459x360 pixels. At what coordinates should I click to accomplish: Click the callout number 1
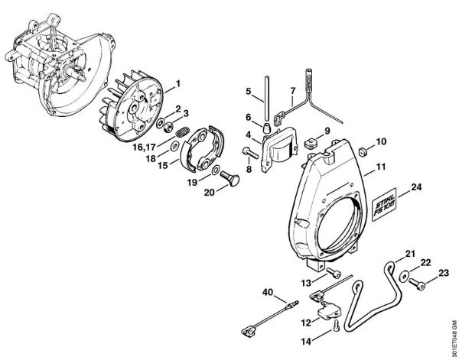coord(177,83)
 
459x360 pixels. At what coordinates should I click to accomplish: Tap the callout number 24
coord(415,187)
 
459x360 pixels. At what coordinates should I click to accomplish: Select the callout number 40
coord(267,291)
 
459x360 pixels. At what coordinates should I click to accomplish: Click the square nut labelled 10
coord(344,143)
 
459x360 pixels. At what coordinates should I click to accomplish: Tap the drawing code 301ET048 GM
coord(451,322)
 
